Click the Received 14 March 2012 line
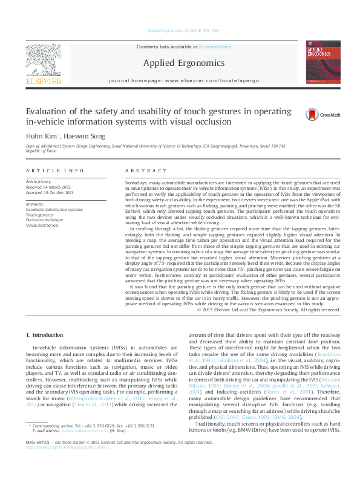(49, 187)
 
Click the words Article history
(39, 181)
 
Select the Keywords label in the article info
(35, 204)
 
